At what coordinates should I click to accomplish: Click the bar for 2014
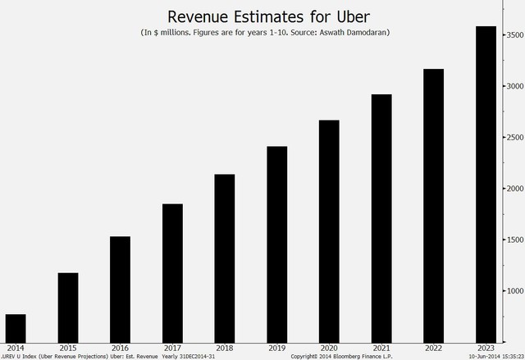(15, 328)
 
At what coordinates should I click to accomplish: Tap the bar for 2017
(172, 273)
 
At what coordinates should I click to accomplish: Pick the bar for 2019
(276, 244)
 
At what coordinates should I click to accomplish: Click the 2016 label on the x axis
(120, 349)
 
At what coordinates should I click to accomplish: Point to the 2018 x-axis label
(224, 349)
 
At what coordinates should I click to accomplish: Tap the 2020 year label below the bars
(329, 349)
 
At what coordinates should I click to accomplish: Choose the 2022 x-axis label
(434, 349)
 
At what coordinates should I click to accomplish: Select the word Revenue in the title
(201, 16)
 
